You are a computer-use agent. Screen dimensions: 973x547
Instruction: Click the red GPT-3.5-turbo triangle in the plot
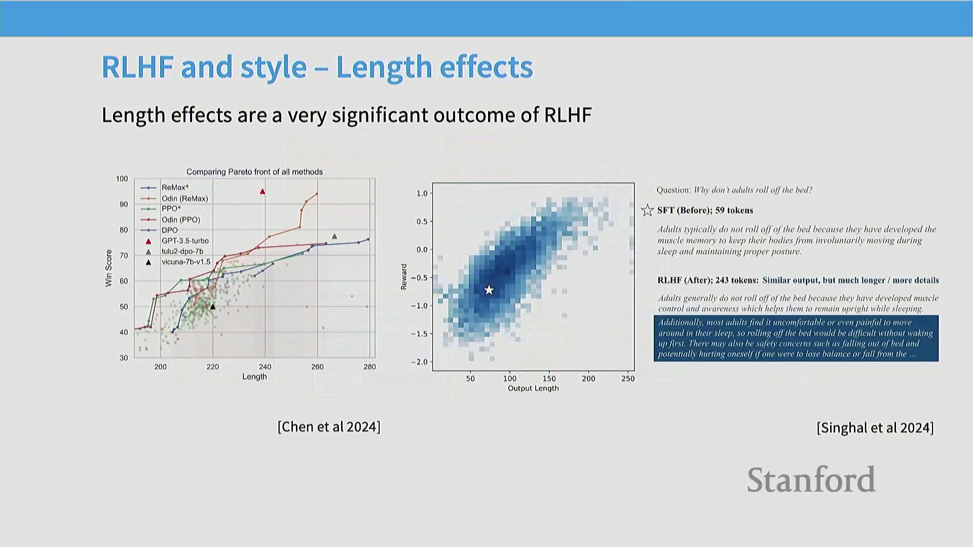263,191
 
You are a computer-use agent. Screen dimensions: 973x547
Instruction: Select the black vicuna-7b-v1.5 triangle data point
213,306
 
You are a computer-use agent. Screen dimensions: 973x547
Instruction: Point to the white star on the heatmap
489,290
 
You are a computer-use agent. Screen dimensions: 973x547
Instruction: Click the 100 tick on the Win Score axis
122,179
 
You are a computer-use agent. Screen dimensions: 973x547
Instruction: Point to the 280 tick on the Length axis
369,367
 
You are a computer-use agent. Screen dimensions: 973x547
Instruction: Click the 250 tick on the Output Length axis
628,378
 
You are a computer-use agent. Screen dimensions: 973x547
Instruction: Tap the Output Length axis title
533,388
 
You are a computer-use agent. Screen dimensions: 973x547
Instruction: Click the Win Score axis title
108,268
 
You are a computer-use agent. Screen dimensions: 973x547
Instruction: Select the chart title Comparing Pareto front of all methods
254,172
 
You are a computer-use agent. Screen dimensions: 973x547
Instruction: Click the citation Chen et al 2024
329,426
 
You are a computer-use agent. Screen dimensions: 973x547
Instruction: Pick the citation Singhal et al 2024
875,428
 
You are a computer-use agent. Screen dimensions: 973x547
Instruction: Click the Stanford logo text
811,479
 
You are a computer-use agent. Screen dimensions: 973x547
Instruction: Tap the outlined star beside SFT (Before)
647,210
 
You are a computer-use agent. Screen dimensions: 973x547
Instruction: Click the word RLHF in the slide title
138,67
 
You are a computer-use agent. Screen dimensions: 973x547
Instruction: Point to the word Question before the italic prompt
673,190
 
